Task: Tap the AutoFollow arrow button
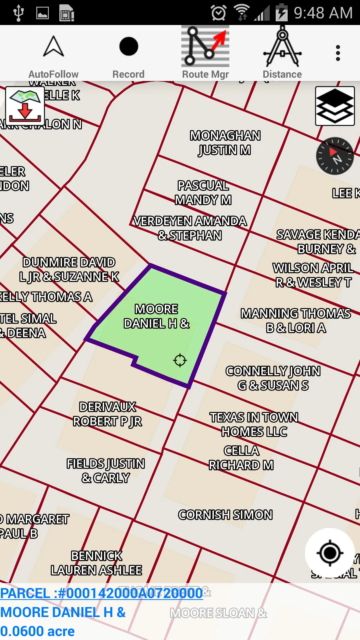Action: tap(53, 53)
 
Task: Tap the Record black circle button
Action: tap(128, 53)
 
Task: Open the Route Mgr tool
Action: tap(205, 53)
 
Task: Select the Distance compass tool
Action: tap(282, 53)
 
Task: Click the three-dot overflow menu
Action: tap(338, 53)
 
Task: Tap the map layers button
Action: tap(335, 106)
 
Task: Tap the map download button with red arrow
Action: tap(25, 106)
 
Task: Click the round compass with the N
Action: tap(335, 156)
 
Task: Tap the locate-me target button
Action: tap(330, 553)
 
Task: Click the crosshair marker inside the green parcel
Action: tap(180, 360)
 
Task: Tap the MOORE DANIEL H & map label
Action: tap(156, 316)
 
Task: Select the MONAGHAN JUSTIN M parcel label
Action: tap(225, 143)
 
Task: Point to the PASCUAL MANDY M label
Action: tap(203, 193)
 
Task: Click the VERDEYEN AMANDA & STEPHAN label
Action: tap(190, 228)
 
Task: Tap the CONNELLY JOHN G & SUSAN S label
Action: tap(273, 378)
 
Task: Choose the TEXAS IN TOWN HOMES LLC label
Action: tap(254, 424)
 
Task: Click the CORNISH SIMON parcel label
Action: tap(225, 515)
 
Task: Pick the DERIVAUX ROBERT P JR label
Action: tap(107, 414)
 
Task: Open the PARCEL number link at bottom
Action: tap(101, 593)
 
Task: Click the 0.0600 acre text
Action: tap(37, 631)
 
